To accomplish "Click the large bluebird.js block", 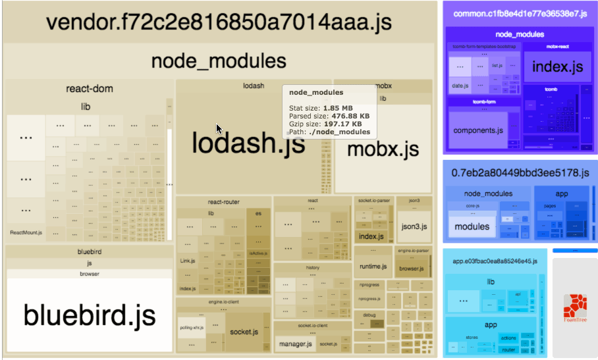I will click(x=90, y=315).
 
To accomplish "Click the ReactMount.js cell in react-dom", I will click(x=26, y=232).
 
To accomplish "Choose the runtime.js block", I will click(x=373, y=267).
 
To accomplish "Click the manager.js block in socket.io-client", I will click(x=295, y=344).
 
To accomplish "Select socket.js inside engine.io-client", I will click(x=244, y=331).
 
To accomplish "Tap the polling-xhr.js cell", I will click(x=191, y=327).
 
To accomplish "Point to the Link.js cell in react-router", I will click(x=188, y=261).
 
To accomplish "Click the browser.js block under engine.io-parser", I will click(x=412, y=269).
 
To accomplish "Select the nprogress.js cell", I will click(x=370, y=299).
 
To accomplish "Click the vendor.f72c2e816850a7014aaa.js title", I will click(x=219, y=22).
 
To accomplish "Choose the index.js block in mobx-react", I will click(x=557, y=66).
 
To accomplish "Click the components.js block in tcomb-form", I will click(x=478, y=130).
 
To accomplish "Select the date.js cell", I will click(x=460, y=86).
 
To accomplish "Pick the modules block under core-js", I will click(x=472, y=226).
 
